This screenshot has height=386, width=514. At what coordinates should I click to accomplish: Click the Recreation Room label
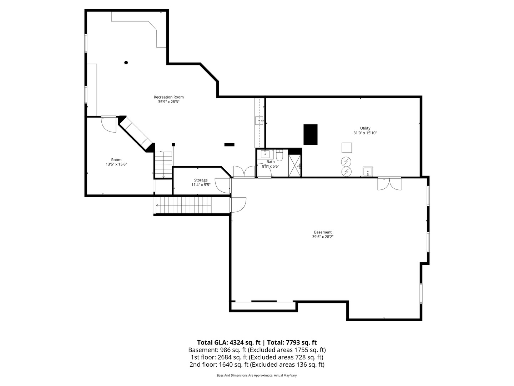(168, 97)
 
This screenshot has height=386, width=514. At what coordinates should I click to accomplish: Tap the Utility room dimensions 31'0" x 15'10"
(365, 133)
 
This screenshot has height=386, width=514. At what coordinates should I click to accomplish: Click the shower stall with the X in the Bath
(294, 165)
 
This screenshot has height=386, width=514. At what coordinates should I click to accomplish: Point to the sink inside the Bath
(265, 154)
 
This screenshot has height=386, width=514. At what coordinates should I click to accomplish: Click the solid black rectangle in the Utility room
(310, 134)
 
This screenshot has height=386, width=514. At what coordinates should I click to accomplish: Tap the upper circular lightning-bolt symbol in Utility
(346, 162)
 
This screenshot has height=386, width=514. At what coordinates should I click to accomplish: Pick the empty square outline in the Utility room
(347, 148)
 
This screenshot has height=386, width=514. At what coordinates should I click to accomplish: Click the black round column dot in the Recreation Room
(126, 63)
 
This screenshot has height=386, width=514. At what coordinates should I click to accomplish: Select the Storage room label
(201, 180)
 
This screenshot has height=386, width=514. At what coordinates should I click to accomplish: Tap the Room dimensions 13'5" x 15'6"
(116, 164)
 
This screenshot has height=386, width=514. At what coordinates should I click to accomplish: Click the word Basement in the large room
(323, 232)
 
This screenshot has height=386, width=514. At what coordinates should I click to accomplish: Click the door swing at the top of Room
(109, 124)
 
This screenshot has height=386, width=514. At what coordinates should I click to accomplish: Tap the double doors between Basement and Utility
(389, 183)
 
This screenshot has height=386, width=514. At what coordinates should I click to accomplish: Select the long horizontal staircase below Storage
(184, 205)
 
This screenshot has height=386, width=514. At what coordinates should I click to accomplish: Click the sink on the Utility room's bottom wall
(368, 172)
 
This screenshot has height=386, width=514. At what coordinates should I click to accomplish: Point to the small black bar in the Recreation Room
(229, 144)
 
